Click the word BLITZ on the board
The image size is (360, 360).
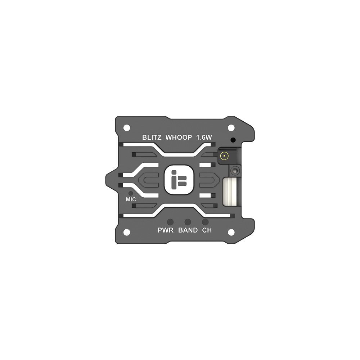click(152, 137)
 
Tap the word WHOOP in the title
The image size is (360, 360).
click(179, 137)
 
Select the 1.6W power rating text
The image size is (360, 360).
click(204, 137)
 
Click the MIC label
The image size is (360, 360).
click(131, 199)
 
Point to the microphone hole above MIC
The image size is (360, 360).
click(131, 193)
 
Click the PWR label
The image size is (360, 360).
click(166, 230)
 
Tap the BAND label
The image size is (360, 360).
click(188, 230)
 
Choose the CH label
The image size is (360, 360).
click(207, 230)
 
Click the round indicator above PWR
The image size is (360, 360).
click(170, 222)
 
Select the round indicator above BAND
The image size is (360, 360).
click(188, 222)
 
